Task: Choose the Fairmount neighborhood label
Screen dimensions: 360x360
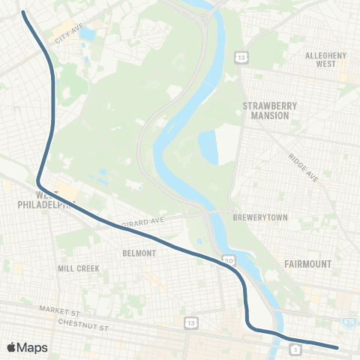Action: pos(308,264)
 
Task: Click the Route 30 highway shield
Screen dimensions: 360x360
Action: pos(227,260)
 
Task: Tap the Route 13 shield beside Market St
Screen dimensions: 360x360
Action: pos(193,322)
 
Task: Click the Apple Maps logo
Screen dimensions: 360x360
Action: pos(27,347)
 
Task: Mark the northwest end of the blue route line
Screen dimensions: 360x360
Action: pos(25,13)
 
